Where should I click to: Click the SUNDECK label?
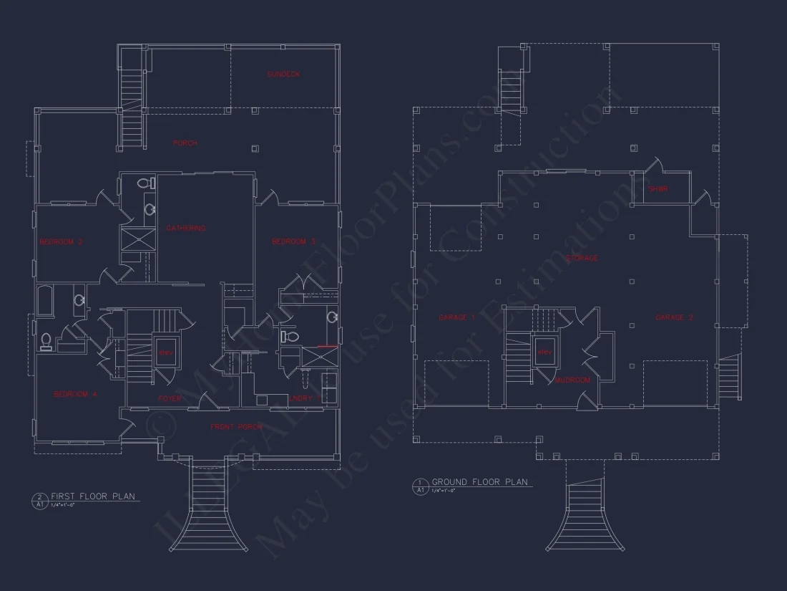point(283,75)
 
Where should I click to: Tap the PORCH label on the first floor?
point(185,143)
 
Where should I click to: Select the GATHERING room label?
point(186,229)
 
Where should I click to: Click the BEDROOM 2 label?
point(61,242)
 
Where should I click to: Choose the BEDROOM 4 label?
point(75,395)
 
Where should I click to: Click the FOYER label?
point(170,398)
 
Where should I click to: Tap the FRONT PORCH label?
point(236,427)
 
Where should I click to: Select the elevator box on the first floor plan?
point(166,352)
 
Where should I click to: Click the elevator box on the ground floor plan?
point(545,352)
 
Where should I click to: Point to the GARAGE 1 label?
point(456,317)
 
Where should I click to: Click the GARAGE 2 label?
point(674,317)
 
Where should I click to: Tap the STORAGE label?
point(582,258)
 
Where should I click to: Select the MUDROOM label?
point(572,380)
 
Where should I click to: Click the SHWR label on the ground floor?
point(658,190)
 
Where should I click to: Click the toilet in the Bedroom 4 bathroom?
point(47,342)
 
